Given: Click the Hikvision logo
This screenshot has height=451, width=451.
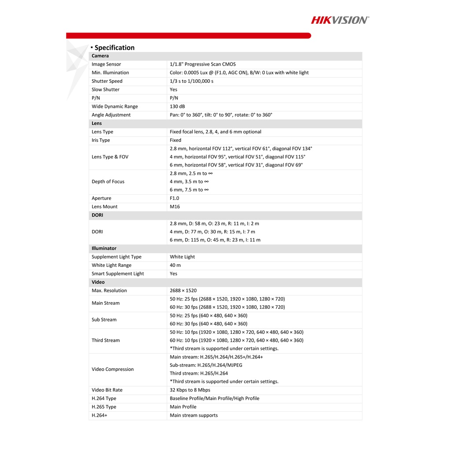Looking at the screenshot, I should (340, 20).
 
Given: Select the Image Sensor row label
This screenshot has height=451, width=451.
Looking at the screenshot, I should (106, 64).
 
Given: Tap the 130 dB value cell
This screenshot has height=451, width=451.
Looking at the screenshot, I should (177, 107).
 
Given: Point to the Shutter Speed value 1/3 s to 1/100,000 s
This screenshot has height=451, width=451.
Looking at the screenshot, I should (192, 81).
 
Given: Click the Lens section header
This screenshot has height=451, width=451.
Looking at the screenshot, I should (97, 123).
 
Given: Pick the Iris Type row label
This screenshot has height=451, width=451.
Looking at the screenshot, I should (101, 140).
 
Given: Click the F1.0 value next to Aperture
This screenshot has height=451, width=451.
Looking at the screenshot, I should (174, 198).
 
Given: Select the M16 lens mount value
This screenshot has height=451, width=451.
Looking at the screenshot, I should (175, 207).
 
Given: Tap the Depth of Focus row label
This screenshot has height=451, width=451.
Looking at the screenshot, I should (108, 181).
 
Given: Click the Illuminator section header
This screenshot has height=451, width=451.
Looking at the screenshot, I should (104, 248).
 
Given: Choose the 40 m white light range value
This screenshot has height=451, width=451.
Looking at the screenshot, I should (175, 265).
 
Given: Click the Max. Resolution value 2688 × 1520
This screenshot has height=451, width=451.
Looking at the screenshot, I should (183, 291).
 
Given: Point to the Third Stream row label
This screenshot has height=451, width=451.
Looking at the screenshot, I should (106, 340).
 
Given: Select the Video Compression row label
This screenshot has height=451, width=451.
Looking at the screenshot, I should (113, 370).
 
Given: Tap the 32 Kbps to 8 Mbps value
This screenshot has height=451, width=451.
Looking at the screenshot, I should (190, 390).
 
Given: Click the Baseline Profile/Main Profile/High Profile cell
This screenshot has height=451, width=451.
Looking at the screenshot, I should (214, 399).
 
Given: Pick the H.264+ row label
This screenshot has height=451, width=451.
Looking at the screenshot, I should (100, 415).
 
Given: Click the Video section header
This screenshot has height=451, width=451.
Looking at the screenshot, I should (98, 282).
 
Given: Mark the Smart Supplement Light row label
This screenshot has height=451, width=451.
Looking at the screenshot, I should (118, 274).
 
